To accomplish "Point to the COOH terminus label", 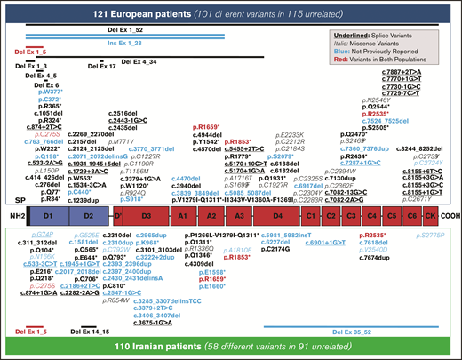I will (x=450, y=215).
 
